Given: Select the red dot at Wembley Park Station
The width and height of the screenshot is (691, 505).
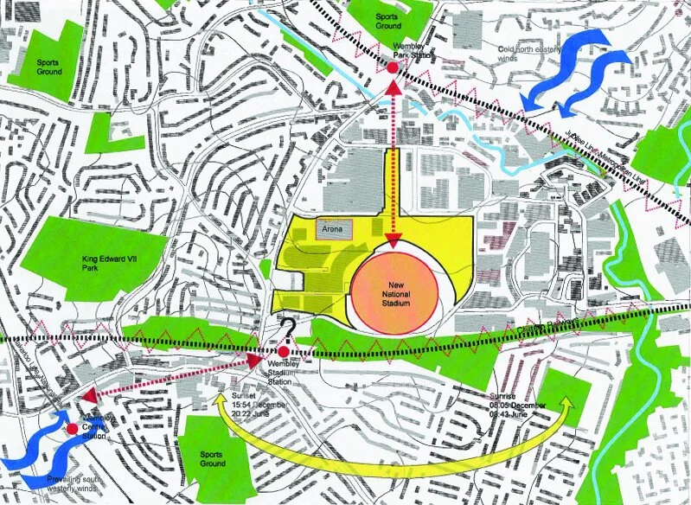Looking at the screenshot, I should (392, 67).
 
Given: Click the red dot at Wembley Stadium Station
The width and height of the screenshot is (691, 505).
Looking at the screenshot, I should (284, 353).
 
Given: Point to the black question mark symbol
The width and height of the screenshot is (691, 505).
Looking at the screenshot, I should (285, 329).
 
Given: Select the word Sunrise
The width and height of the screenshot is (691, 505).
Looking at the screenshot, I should (505, 394).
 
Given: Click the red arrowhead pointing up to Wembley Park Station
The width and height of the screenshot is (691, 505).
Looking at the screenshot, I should (392, 86).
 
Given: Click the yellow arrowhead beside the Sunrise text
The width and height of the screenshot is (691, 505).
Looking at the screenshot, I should (566, 403).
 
